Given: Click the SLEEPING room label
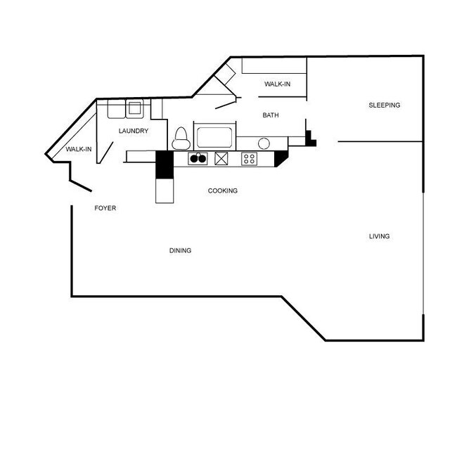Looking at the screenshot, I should point(384,105).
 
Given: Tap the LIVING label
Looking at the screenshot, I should point(379,236).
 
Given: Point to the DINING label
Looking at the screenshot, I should point(180,250).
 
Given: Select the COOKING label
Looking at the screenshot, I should point(222,191).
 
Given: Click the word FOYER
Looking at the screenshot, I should point(105,208).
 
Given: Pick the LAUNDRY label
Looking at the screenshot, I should point(133,131).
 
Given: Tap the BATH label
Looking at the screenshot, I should point(271,115).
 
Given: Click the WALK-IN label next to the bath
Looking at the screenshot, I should point(277,84).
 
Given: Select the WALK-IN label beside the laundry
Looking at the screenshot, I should point(78,149).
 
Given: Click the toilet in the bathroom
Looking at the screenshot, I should point(181,138).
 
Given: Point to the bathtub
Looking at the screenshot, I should point(217,136).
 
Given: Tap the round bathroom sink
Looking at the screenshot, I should point(264,143).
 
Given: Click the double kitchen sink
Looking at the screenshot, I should point(198,158).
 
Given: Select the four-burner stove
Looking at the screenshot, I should point(249,158).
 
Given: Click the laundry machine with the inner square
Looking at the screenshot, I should point(134,108).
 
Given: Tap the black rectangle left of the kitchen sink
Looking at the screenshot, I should point(163,166).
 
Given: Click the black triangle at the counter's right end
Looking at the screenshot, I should point(280,158).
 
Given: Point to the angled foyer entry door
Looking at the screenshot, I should point(79,186).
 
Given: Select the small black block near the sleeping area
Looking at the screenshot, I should point(311,141).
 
